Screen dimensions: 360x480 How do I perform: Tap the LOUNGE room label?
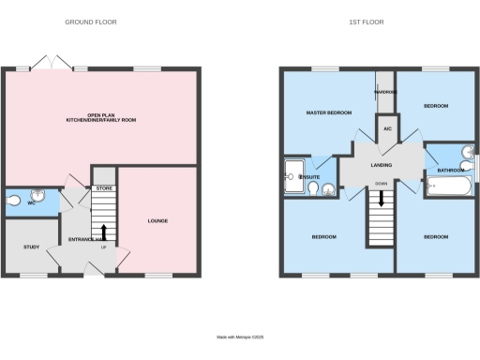(157, 221)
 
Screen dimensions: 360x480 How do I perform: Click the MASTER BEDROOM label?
(329, 112)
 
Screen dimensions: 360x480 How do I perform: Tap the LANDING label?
(382, 165)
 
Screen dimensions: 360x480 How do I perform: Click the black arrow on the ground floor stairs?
(103, 232)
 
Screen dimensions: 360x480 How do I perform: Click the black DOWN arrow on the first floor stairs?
(381, 199)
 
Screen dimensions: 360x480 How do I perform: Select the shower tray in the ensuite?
(295, 174)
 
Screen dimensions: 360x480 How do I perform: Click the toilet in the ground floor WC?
(13, 200)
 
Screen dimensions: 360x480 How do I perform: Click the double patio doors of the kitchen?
(50, 62)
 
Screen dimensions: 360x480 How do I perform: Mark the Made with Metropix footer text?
(240, 337)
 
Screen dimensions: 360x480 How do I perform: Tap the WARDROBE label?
(385, 92)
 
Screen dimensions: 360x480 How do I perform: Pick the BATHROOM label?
(451, 170)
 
